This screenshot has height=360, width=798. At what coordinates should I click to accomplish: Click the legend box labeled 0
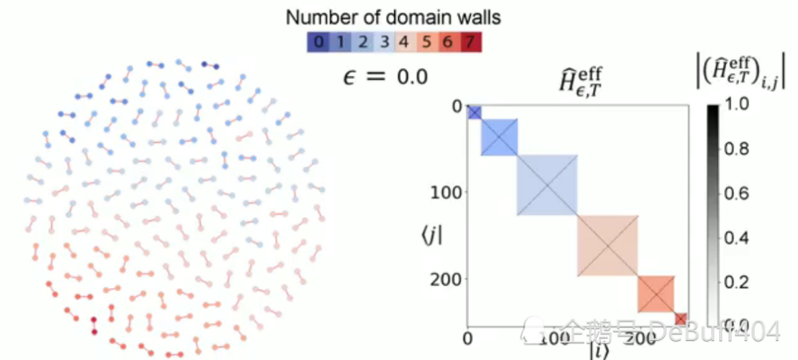pos(319,41)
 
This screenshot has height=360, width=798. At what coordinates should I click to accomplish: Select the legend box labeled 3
pos(381,41)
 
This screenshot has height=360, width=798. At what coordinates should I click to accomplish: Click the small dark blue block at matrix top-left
pos(474,113)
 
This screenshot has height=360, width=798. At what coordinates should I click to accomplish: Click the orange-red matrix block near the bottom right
pos(657,295)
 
